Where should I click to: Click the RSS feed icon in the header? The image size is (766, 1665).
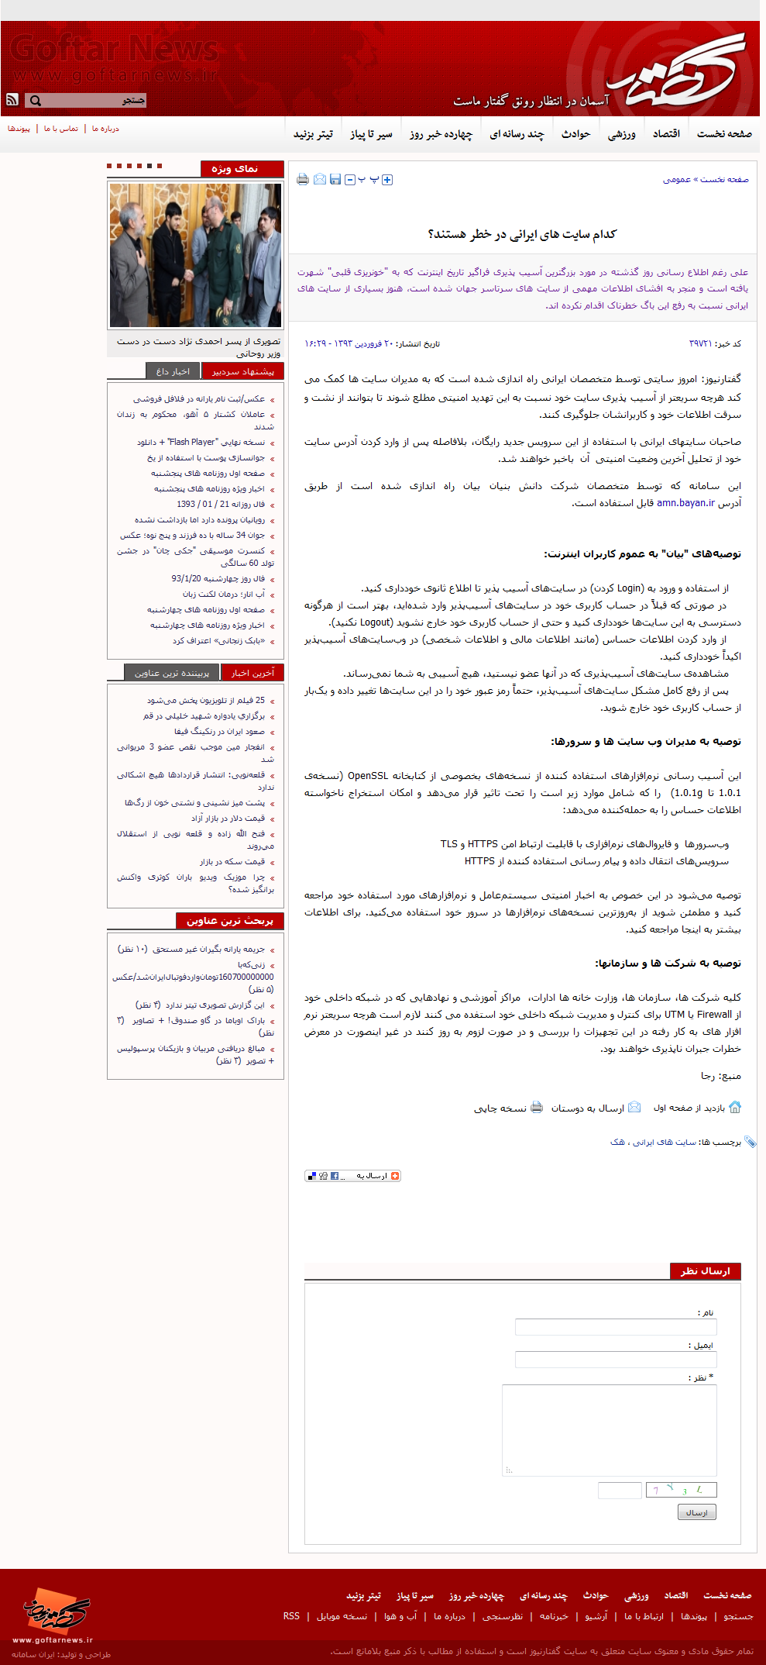point(12,100)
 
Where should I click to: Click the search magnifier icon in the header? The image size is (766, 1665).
point(35,101)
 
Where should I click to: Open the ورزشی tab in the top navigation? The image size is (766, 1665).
point(621,134)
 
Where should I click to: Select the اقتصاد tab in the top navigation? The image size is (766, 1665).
point(666,134)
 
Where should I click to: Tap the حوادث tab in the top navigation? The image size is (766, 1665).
point(575,134)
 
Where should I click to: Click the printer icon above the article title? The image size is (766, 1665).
point(303,180)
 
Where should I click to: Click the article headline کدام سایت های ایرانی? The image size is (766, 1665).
point(522,234)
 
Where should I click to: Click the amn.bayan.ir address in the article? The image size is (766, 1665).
point(685,503)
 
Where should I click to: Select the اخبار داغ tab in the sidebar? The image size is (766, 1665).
point(172,371)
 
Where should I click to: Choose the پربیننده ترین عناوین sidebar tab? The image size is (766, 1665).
point(172,673)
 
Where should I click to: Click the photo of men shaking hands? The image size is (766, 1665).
point(195,255)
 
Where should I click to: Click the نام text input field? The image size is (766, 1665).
point(616,1327)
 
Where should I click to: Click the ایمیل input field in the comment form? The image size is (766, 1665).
point(616,1360)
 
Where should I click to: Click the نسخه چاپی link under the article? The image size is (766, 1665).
point(500,1108)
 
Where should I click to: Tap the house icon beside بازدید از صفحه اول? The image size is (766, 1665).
point(735,1107)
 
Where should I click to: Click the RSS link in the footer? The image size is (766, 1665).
point(291,1616)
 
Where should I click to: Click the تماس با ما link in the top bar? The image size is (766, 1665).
point(61,129)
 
